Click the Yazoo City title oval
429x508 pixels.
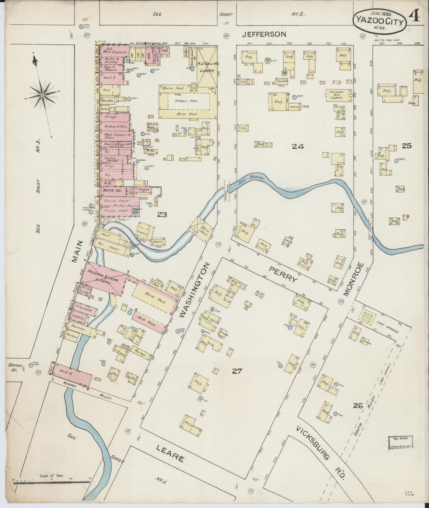pyautogui.click(x=379, y=21)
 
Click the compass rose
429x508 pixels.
pyautogui.click(x=42, y=95)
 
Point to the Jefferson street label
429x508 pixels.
pyautogui.click(x=264, y=34)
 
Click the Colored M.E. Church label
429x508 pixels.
pyautogui.click(x=336, y=95)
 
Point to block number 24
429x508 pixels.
pyautogui.click(x=297, y=146)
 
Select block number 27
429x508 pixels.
pyautogui.click(x=238, y=370)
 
